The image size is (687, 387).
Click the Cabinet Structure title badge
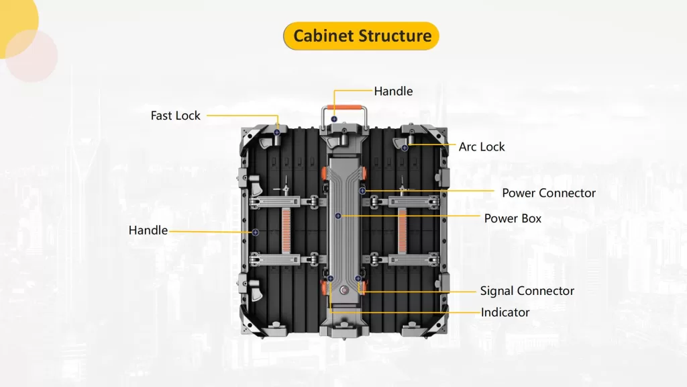361,36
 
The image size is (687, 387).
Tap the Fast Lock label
175,116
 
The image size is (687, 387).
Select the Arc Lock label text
482,146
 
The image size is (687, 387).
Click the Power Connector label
549,193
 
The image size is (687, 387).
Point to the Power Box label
513,218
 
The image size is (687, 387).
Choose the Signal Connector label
527,291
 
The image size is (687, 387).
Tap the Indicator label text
505,312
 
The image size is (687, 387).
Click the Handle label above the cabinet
393,91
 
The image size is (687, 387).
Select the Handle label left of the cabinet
148,230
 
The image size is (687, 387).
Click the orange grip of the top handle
345,105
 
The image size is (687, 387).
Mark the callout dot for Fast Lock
276,132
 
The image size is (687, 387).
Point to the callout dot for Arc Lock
405,147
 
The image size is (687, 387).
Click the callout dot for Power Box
338,216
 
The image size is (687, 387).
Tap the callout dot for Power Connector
362,191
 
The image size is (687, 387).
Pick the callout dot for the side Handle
256,232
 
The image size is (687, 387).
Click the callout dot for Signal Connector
358,278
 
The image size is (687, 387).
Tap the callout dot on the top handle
333,119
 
